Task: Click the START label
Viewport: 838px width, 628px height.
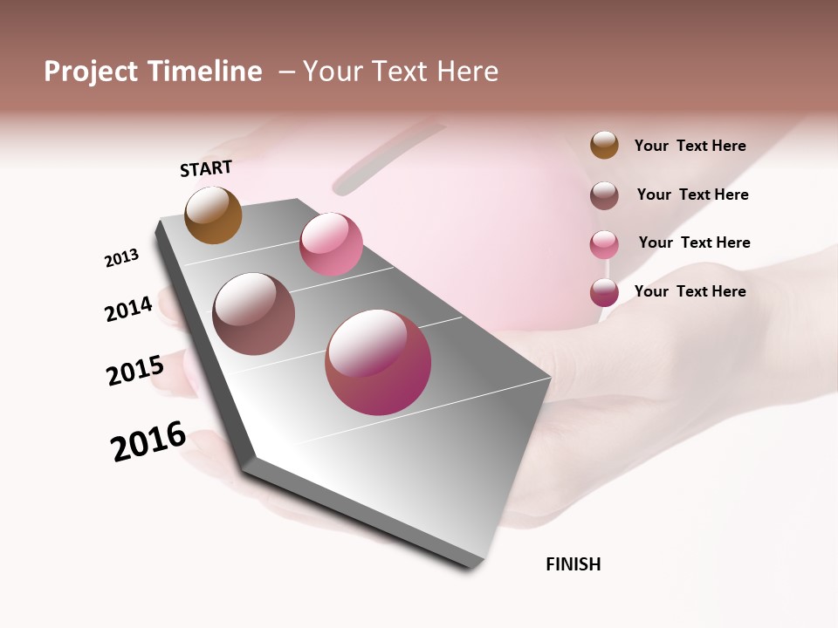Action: (206, 168)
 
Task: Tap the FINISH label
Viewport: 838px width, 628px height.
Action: (573, 564)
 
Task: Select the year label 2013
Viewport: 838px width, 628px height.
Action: (122, 258)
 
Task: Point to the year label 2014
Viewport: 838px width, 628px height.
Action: (129, 309)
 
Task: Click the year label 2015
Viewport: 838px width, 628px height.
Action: (135, 371)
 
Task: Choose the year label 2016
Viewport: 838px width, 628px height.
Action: (148, 440)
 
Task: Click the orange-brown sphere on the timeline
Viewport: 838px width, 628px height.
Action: (213, 215)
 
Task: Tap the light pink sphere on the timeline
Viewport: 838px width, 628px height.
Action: (331, 244)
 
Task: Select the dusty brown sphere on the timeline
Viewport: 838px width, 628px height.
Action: (254, 314)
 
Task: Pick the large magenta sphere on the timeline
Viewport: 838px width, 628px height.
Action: (378, 362)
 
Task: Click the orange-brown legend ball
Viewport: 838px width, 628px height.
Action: (604, 146)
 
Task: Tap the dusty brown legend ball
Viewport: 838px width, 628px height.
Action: (604, 195)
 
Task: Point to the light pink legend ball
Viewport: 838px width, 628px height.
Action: (604, 244)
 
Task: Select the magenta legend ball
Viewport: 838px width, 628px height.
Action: (604, 292)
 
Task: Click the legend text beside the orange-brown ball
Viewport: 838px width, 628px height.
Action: (690, 147)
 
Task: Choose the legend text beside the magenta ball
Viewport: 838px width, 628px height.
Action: (690, 291)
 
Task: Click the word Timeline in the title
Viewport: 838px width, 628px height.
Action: (205, 72)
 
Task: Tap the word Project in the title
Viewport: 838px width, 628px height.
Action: (92, 72)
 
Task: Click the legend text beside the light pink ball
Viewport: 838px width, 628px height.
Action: (694, 242)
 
